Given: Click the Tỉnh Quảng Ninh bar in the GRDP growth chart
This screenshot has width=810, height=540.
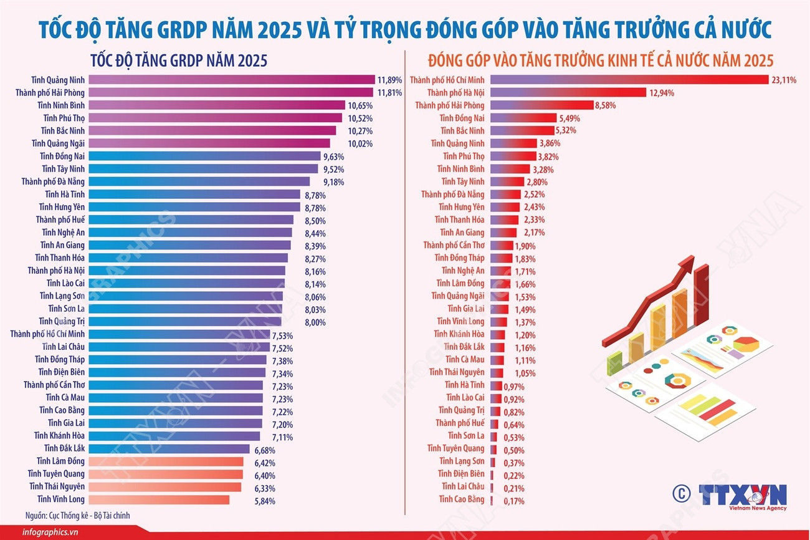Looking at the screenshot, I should (x=231, y=80).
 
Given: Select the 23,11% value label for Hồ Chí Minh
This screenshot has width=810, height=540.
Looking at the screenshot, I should (x=784, y=80).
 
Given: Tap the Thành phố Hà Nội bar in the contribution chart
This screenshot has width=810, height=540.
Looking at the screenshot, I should (x=568, y=92).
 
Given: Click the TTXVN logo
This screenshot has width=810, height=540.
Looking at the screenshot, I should (x=742, y=495).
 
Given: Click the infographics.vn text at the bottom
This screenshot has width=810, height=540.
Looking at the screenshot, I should (x=50, y=531).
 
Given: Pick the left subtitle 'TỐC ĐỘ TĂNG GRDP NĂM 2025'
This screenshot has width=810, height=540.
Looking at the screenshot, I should (x=179, y=61).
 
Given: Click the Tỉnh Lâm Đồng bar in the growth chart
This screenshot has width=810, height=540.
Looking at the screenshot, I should (x=166, y=461).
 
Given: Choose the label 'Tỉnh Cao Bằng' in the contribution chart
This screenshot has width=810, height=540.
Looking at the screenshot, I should (x=461, y=499).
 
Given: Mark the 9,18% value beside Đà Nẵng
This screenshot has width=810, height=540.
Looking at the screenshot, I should (x=333, y=182).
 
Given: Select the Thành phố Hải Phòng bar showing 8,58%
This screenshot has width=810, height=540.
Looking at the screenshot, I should (x=541, y=105).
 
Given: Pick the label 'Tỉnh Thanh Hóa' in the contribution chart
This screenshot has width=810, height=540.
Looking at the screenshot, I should (x=459, y=219).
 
